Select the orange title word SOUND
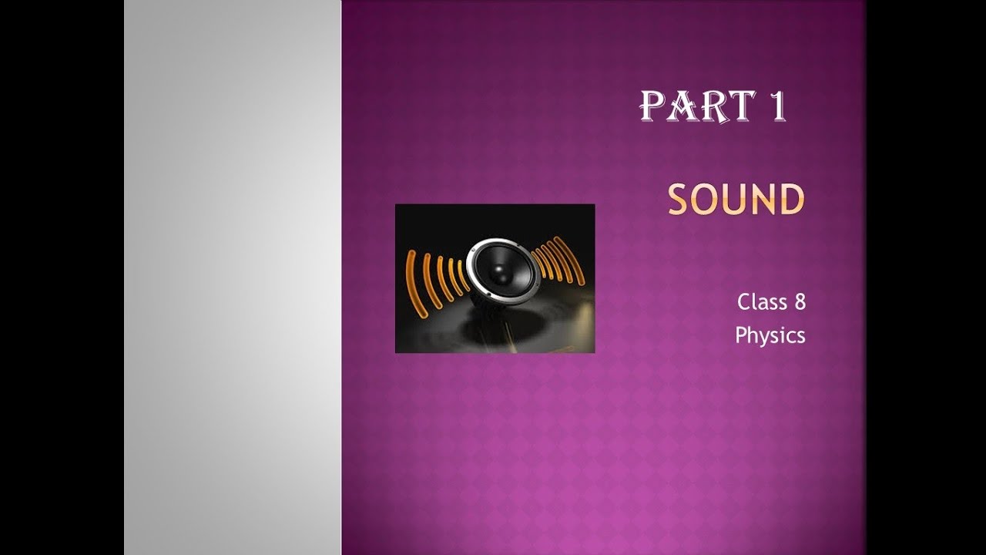736,200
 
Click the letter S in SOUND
679,200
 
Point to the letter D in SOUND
791,200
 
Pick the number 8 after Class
800,302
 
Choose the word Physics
770,336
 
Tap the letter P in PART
652,107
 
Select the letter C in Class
743,302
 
